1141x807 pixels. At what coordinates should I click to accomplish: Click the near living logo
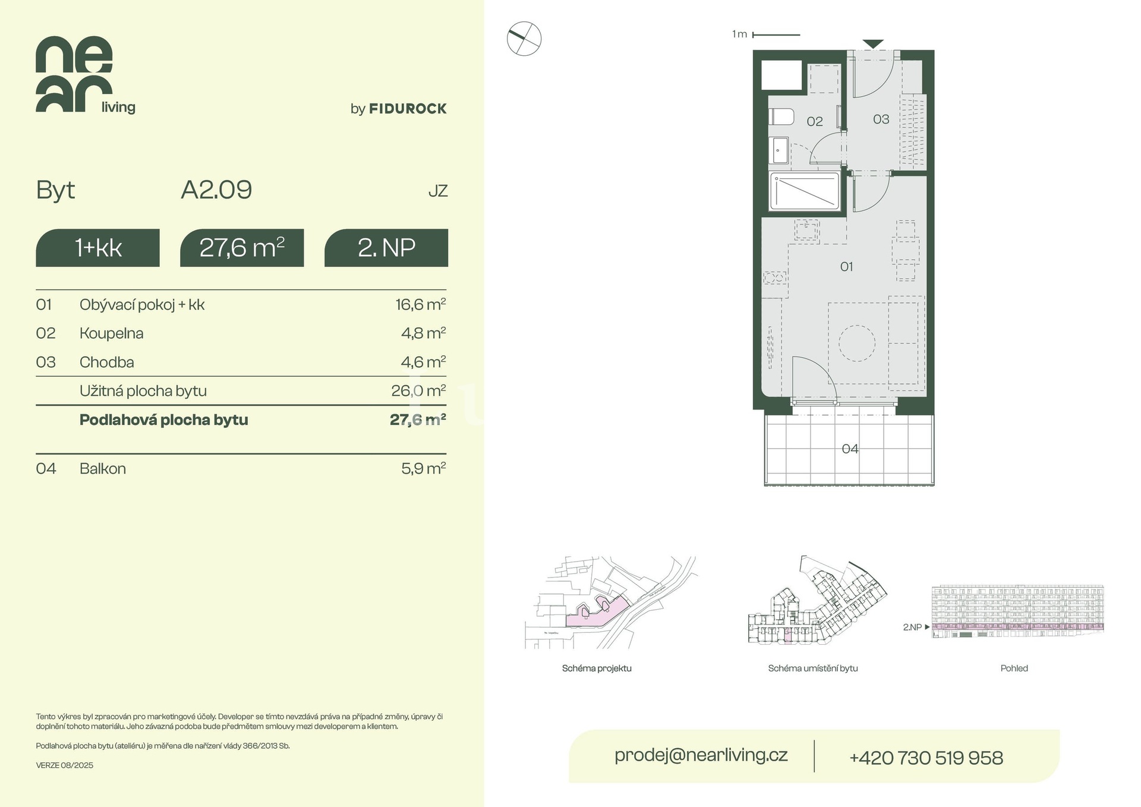[86, 75]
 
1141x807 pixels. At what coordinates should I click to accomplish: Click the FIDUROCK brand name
[408, 109]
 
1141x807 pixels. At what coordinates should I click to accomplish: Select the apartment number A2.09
[216, 190]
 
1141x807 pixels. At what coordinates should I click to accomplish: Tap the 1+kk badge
[97, 248]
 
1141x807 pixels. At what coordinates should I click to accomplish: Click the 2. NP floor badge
[386, 248]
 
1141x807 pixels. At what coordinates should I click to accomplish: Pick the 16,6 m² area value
[421, 304]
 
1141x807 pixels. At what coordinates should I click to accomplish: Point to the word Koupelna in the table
[112, 333]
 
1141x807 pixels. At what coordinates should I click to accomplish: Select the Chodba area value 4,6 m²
[423, 362]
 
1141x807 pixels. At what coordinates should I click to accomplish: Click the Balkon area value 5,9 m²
[423, 468]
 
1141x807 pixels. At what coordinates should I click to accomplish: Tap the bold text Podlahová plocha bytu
[164, 420]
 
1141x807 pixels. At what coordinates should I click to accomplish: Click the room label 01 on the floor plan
[846, 267]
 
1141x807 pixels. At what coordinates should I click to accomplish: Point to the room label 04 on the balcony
[850, 449]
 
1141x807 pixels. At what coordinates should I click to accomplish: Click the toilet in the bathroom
[781, 116]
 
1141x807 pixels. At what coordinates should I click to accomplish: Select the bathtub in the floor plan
[805, 191]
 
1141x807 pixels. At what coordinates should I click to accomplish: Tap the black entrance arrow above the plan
[873, 44]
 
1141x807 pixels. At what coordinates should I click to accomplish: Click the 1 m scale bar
[776, 35]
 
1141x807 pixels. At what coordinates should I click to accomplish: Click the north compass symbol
[524, 39]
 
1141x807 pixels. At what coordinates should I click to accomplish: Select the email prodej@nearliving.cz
[701, 755]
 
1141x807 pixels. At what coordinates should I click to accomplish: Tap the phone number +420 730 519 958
[926, 758]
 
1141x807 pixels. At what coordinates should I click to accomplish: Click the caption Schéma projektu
[597, 669]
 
